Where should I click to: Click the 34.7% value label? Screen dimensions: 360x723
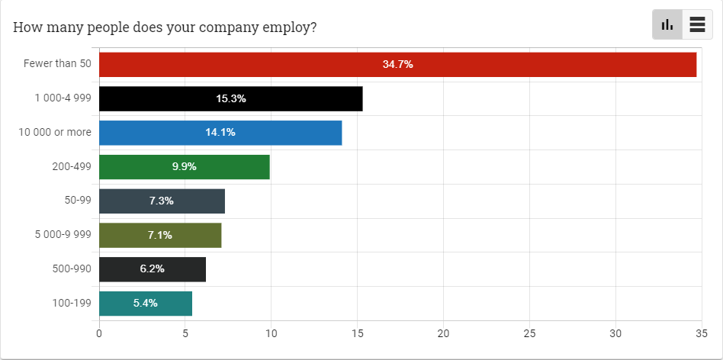397,65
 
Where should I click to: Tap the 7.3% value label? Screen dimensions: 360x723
161,201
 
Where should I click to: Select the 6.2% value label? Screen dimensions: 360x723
152,269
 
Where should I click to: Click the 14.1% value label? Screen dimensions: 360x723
220,133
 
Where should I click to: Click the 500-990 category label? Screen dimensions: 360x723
69,269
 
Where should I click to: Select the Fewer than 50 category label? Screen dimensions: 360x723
57,64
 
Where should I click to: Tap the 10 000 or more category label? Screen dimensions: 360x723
55,133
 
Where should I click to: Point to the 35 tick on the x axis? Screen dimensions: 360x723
700,333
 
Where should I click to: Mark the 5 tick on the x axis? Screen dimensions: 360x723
185,333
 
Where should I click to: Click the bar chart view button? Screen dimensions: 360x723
667,24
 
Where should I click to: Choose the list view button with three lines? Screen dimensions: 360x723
696,24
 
